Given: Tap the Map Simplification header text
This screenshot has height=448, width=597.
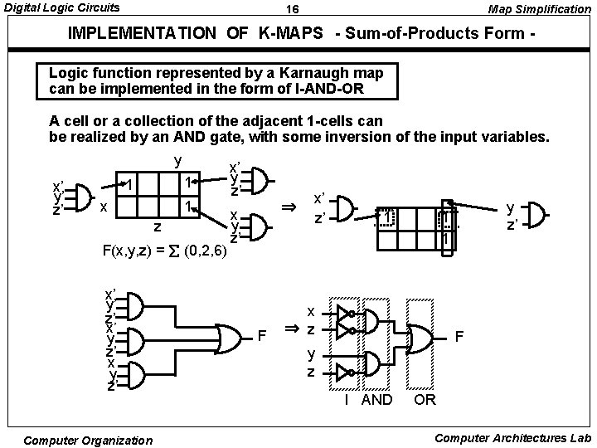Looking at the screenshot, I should pos(539,9).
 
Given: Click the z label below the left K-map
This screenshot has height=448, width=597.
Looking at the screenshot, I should pos(158,225).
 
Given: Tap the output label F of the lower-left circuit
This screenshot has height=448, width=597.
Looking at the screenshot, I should pos(263,337).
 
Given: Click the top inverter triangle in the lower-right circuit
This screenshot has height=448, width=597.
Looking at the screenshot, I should pos(342,313).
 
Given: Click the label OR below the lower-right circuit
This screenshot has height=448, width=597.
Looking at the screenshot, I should pos(425,400).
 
